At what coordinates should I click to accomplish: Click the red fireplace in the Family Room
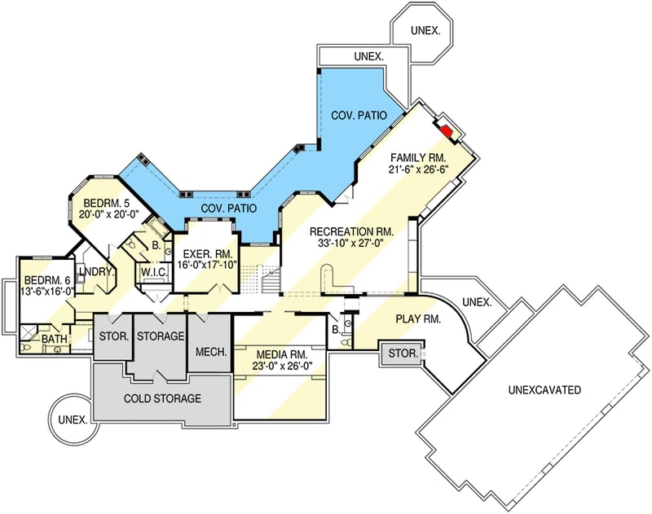tap(447, 131)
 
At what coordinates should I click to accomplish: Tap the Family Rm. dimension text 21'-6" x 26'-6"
tap(418, 170)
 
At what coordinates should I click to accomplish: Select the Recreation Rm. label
tap(351, 231)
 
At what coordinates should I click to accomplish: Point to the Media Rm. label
tap(282, 355)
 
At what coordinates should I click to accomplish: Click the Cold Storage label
tap(162, 398)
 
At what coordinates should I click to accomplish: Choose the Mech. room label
tap(211, 352)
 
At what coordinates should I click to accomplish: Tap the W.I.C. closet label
tap(154, 273)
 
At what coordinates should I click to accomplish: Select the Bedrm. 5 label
tap(107, 203)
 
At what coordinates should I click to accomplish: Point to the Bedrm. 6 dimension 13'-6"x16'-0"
tap(47, 291)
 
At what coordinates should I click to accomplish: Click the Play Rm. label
tap(418, 319)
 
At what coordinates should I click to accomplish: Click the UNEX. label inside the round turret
tap(73, 420)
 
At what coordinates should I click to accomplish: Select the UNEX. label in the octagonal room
tap(425, 30)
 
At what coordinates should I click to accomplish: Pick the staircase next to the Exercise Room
tap(271, 280)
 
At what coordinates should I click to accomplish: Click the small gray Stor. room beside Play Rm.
tap(403, 354)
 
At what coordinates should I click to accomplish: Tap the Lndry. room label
tap(96, 272)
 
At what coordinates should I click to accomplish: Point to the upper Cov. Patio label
tap(359, 115)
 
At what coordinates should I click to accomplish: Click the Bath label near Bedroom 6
tap(55, 339)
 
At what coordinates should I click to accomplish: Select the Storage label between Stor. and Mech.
tap(161, 336)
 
